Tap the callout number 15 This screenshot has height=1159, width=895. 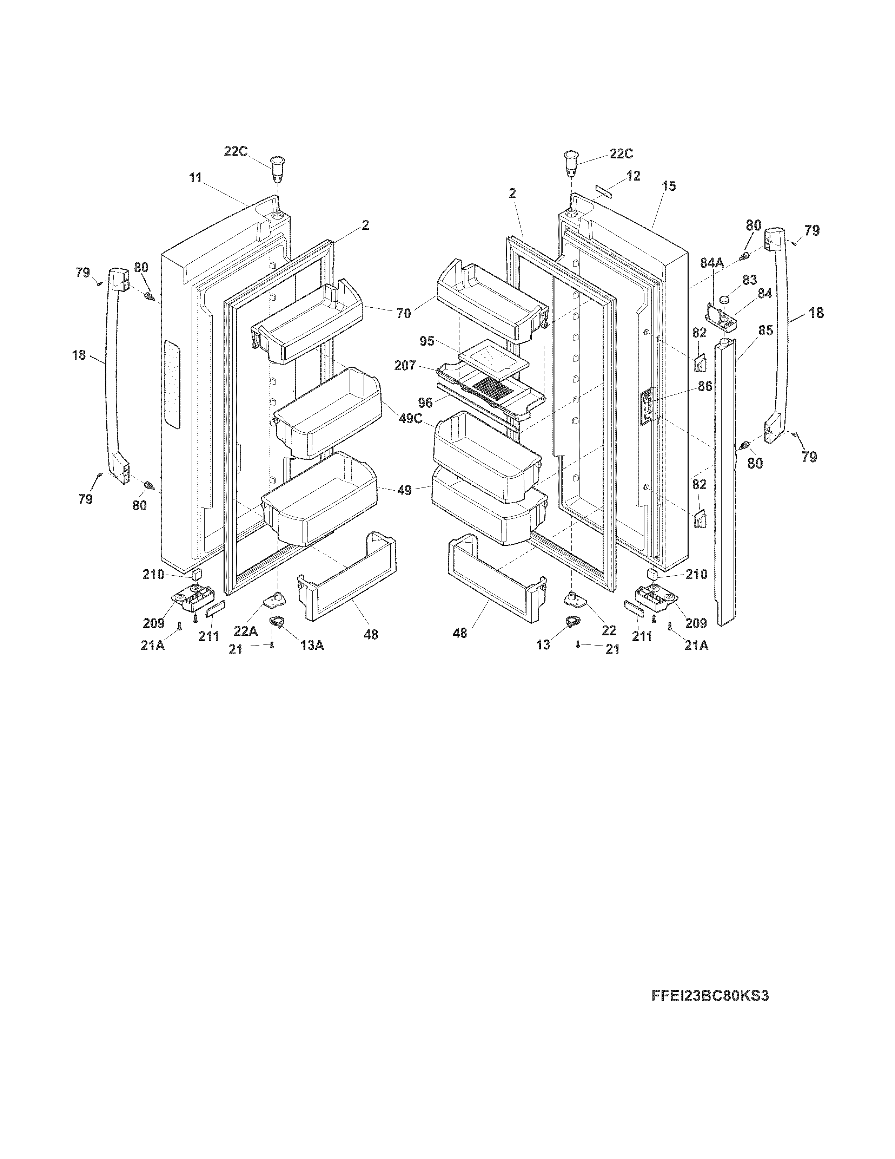(x=669, y=186)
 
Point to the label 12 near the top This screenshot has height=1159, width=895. (x=633, y=176)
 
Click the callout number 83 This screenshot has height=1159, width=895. (x=749, y=280)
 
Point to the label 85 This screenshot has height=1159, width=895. (x=765, y=330)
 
